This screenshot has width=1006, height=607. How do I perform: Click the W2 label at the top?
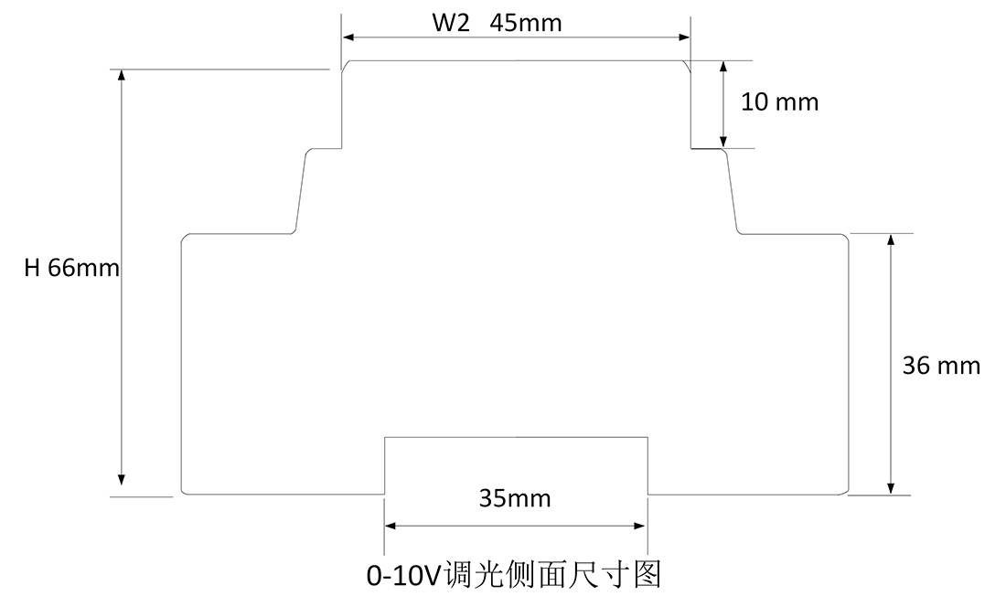pyautogui.click(x=451, y=23)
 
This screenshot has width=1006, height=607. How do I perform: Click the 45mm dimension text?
pyautogui.click(x=526, y=23)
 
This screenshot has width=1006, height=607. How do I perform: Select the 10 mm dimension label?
pyautogui.click(x=779, y=101)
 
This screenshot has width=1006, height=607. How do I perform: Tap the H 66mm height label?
pyautogui.click(x=72, y=268)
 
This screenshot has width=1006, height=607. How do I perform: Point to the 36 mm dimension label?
pyautogui.click(x=941, y=366)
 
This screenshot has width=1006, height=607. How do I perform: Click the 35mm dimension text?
pyautogui.click(x=515, y=498)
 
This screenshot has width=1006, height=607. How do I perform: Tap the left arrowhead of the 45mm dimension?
pyautogui.click(x=348, y=37)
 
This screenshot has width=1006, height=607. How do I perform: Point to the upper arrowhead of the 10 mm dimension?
pyautogui.click(x=723, y=68)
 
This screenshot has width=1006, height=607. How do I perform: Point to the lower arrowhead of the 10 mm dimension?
pyautogui.click(x=723, y=141)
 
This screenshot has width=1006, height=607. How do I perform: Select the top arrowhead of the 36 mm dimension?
pyautogui.click(x=892, y=240)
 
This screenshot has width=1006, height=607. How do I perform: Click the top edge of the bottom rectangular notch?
pyautogui.click(x=516, y=438)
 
